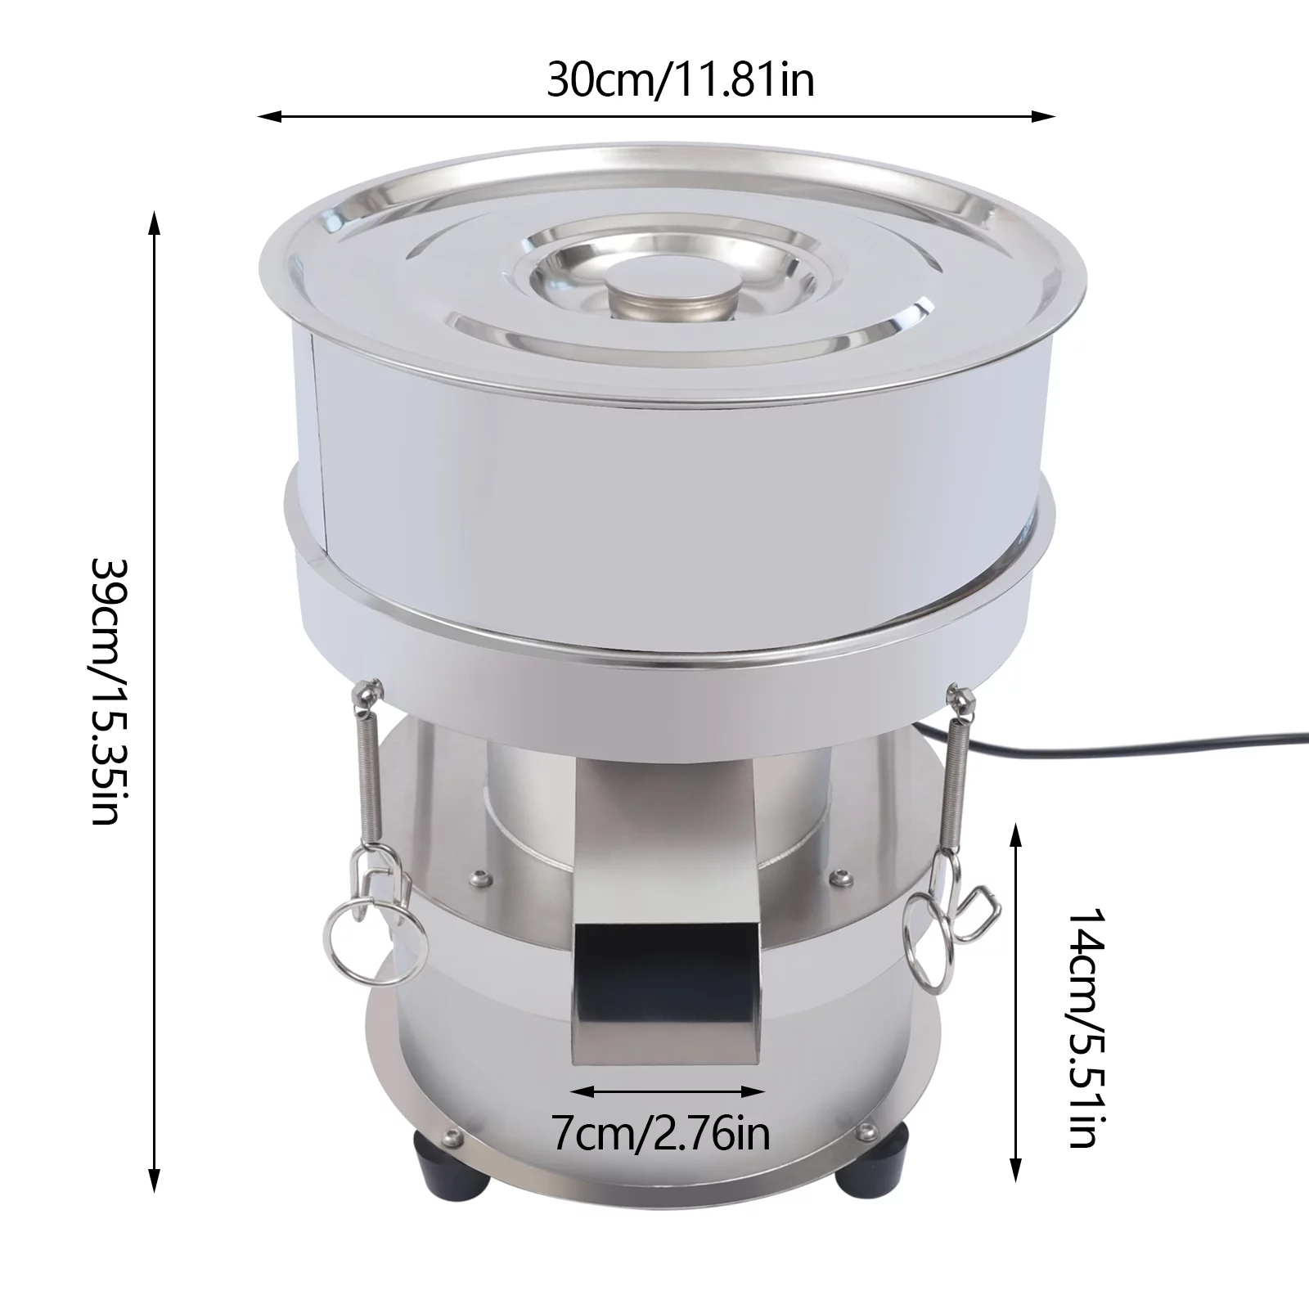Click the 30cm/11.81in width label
click(x=681, y=80)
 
